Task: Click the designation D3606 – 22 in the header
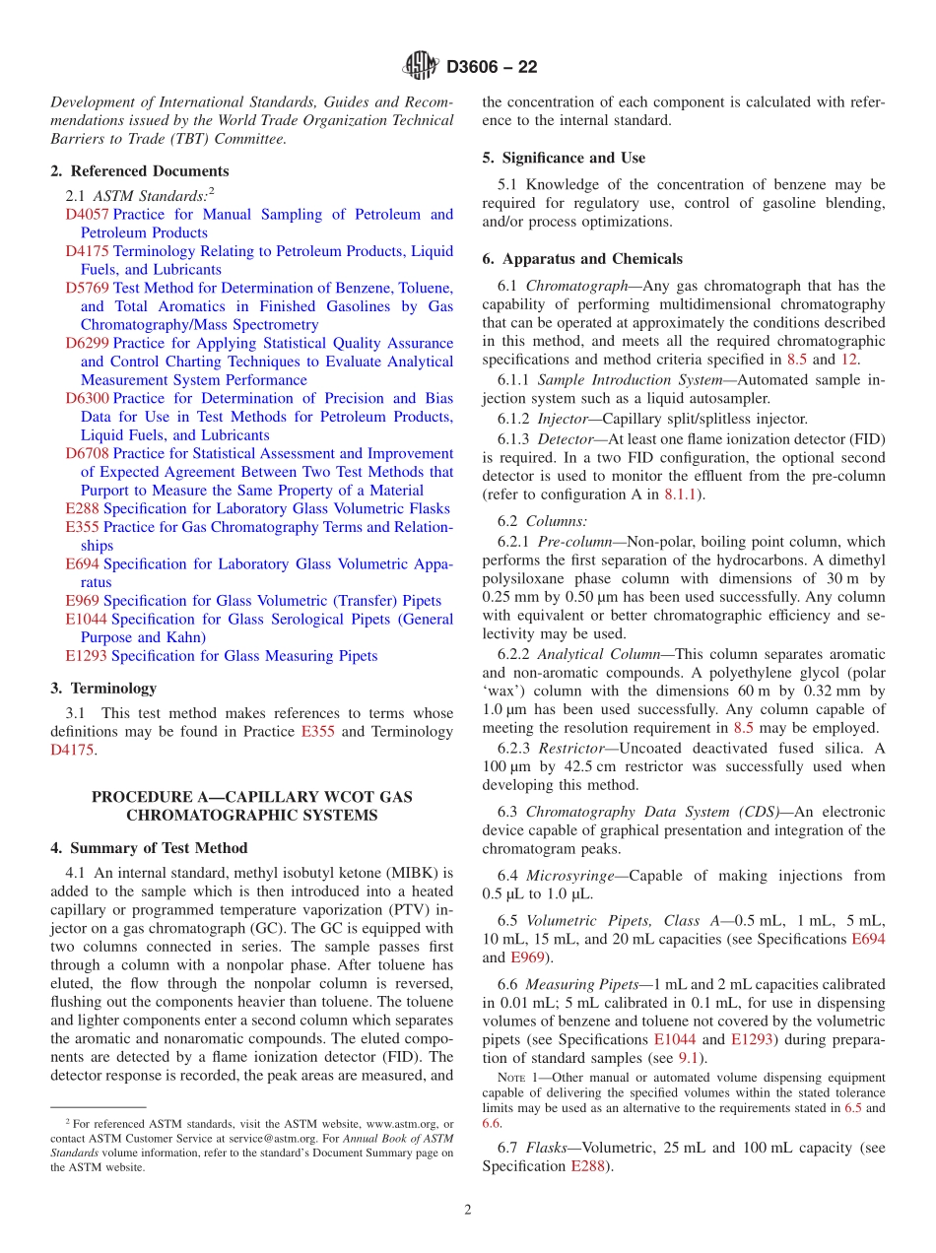pyautogui.click(x=492, y=68)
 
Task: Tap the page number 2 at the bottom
pyautogui.click(x=468, y=1210)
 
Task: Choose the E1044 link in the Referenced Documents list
pyautogui.click(x=86, y=619)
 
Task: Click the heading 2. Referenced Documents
pyautogui.click(x=139, y=170)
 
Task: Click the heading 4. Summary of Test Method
pyautogui.click(x=149, y=847)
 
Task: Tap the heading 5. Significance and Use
pyautogui.click(x=564, y=158)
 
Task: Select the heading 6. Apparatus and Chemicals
pyautogui.click(x=581, y=259)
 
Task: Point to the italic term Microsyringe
pyautogui.click(x=570, y=875)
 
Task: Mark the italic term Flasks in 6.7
pyautogui.click(x=545, y=1148)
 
